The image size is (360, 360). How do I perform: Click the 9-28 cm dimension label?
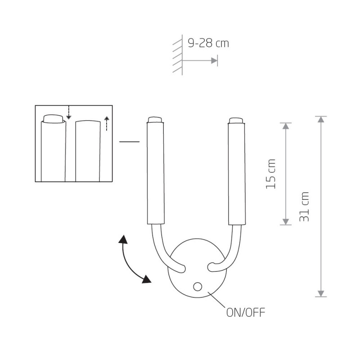[x=208, y=43]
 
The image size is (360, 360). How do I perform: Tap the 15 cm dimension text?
[x=270, y=174]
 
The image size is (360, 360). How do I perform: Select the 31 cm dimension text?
[x=304, y=207]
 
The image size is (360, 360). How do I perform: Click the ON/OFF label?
[x=246, y=312]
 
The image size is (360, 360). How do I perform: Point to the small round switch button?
[x=198, y=287]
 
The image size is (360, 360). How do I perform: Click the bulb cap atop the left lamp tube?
[x=155, y=120]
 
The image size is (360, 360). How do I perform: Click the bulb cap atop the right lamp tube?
[x=236, y=120]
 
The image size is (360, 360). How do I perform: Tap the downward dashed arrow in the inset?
[x=69, y=112]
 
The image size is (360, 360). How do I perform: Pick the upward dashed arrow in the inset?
[x=107, y=123]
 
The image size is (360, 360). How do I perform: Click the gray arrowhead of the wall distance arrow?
[x=215, y=61]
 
